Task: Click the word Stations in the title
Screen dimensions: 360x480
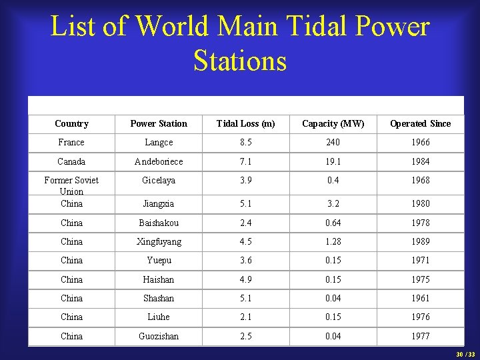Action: (x=240, y=61)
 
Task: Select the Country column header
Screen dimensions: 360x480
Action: (x=71, y=123)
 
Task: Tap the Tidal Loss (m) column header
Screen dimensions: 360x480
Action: (x=245, y=123)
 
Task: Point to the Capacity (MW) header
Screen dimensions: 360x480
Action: (x=333, y=123)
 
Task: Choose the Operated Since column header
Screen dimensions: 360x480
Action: (x=420, y=123)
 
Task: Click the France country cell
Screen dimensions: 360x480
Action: (x=71, y=142)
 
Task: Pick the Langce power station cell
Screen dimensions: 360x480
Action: (x=159, y=142)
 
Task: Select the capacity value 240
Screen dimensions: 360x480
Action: (x=333, y=142)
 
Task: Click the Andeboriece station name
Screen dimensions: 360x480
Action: (x=159, y=161)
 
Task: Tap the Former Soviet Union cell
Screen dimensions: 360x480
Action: (x=71, y=185)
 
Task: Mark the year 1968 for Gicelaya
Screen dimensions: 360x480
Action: (x=420, y=180)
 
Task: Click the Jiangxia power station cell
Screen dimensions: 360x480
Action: (x=159, y=203)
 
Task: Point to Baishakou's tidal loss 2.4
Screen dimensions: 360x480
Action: (x=245, y=223)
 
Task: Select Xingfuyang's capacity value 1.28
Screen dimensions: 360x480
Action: (x=333, y=241)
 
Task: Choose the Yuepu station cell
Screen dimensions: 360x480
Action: (x=159, y=260)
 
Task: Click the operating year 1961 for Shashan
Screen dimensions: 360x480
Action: (x=420, y=298)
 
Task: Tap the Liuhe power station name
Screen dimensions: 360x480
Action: (x=159, y=317)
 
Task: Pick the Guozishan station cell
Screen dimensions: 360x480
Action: (x=159, y=336)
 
